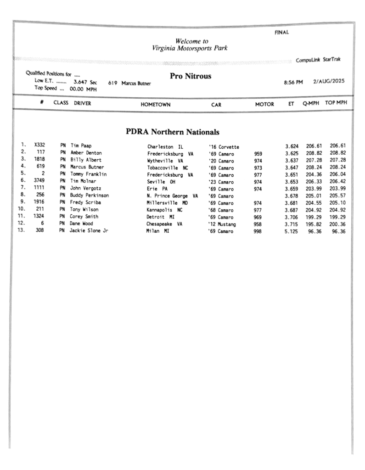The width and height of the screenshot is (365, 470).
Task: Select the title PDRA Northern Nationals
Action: pyautogui.click(x=173, y=132)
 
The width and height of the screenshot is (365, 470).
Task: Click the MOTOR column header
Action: pyautogui.click(x=264, y=104)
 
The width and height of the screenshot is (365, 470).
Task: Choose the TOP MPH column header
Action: pyautogui.click(x=336, y=104)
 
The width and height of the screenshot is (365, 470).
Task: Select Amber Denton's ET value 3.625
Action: pyautogui.click(x=292, y=153)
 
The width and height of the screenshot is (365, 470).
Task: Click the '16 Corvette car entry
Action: pyautogui.click(x=223, y=147)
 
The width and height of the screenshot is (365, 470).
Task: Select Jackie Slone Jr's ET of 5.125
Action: pyautogui.click(x=292, y=231)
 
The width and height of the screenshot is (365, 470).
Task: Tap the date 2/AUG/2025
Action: pyautogui.click(x=329, y=82)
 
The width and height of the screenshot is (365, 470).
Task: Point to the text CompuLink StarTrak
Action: pyautogui.click(x=318, y=60)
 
